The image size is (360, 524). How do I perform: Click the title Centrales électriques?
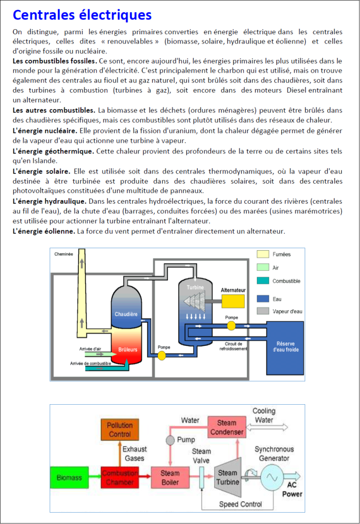tap(82, 15)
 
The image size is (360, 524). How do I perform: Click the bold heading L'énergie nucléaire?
tap(45, 130)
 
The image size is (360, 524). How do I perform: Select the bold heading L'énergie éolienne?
tap(44, 231)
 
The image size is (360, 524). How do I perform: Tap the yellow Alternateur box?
tap(233, 301)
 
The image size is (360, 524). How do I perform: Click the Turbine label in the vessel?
tap(195, 288)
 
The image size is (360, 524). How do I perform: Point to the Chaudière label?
tap(126, 314)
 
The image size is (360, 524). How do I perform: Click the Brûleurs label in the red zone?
tap(128, 350)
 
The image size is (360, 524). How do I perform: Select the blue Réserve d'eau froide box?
tap(285, 348)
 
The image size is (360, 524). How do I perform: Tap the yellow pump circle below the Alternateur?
tap(231, 325)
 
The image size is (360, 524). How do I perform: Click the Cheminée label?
tap(63, 254)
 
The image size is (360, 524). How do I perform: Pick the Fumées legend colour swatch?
tap(263, 254)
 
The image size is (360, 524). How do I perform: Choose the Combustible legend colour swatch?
tap(263, 281)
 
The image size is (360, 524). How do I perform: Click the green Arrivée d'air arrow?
tap(96, 354)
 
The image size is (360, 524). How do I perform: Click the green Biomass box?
tap(69, 477)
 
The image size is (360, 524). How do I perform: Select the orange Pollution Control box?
tap(120, 429)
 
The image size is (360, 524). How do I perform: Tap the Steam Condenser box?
tap(227, 427)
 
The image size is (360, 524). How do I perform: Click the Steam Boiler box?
tap(170, 477)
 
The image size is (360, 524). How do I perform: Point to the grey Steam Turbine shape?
tap(228, 477)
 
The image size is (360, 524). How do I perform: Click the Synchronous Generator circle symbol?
tap(272, 477)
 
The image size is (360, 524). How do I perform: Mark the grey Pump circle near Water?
tap(171, 440)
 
